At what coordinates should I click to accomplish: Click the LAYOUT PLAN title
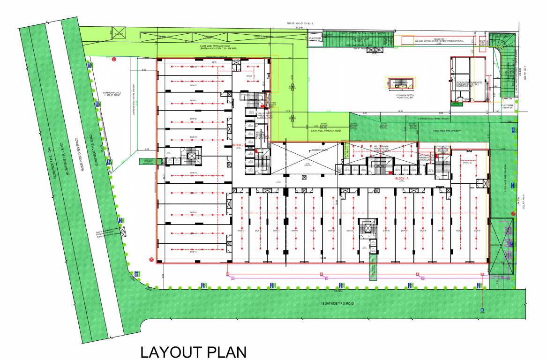coord(193,352)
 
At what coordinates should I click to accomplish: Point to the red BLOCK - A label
coord(403,179)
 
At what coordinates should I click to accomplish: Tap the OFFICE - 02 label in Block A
coord(467,163)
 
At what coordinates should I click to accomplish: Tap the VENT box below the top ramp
coord(375,53)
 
